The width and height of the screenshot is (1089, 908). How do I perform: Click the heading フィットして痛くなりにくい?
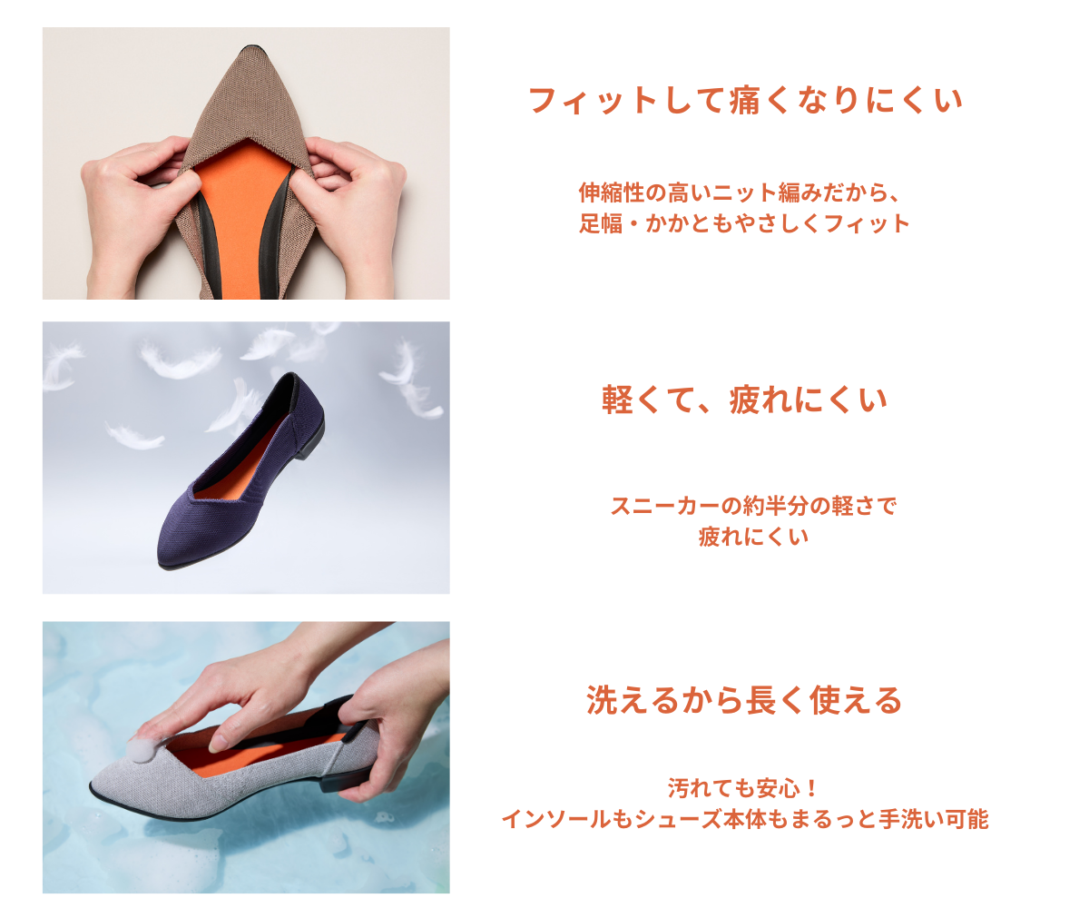745,100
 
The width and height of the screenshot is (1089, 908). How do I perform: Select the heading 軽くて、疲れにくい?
744,400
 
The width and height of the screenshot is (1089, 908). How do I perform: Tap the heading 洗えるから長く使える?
744,700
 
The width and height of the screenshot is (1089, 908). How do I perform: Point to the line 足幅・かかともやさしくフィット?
744,223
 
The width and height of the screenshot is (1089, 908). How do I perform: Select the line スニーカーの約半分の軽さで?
753,506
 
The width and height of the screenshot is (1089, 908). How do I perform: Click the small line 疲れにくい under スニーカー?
753,537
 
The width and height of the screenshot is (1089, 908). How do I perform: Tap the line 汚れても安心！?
744,788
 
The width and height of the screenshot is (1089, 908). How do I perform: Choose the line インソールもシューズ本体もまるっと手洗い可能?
745,819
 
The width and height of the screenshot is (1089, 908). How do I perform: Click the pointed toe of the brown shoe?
253,51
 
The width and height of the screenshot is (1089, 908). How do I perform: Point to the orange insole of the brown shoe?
242,219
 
